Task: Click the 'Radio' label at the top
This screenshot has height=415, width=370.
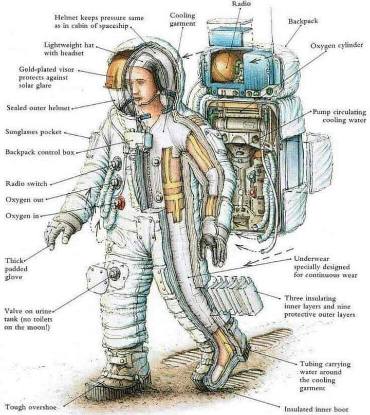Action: click(x=241, y=4)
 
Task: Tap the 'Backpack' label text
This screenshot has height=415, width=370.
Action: click(x=303, y=22)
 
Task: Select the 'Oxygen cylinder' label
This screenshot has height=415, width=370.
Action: click(x=337, y=46)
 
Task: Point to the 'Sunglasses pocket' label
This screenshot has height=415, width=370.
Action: click(x=33, y=132)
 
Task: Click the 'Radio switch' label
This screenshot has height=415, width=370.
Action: click(x=26, y=184)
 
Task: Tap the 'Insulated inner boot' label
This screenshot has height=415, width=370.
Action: click(x=316, y=409)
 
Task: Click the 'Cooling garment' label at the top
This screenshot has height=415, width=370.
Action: click(x=182, y=20)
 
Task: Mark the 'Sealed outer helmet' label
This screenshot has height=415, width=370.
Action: click(x=38, y=108)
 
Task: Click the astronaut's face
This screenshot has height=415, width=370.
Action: click(x=138, y=85)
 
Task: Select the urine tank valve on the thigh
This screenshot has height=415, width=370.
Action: click(x=114, y=273)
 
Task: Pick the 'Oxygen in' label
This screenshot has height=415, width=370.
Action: click(x=22, y=215)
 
